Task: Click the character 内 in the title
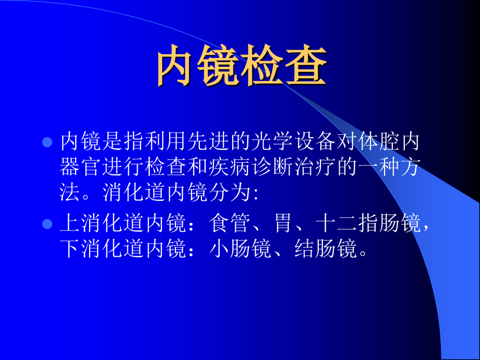(x=177, y=67)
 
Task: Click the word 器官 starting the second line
(x=82, y=168)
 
